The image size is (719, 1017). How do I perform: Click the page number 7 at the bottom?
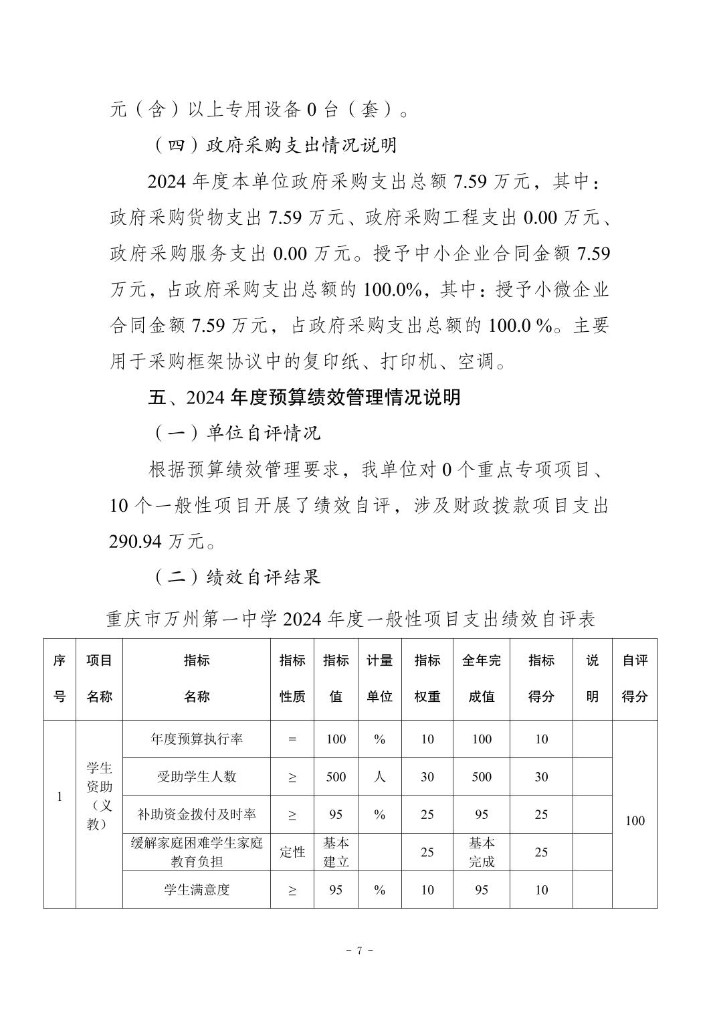click(x=359, y=951)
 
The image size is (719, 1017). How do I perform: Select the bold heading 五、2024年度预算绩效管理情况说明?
click(x=304, y=397)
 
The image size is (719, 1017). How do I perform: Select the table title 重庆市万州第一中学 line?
click(x=350, y=620)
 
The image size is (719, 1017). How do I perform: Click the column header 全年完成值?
click(x=481, y=678)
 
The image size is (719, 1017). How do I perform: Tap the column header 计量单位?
click(x=379, y=678)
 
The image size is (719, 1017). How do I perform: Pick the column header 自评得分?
click(x=635, y=678)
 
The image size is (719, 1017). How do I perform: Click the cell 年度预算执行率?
click(x=197, y=739)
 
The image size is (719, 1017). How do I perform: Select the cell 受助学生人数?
click(x=197, y=777)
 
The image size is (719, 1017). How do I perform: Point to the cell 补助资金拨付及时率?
click(x=197, y=814)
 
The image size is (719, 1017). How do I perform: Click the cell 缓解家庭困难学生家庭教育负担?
click(x=197, y=852)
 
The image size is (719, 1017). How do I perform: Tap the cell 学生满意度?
click(x=197, y=890)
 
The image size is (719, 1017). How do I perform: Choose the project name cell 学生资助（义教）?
click(x=99, y=796)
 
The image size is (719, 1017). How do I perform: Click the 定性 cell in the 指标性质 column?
click(x=292, y=852)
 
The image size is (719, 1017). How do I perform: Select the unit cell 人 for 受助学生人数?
click(x=379, y=777)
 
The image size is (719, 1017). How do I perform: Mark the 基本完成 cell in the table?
click(x=481, y=852)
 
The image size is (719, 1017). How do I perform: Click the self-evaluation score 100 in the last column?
click(x=635, y=821)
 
